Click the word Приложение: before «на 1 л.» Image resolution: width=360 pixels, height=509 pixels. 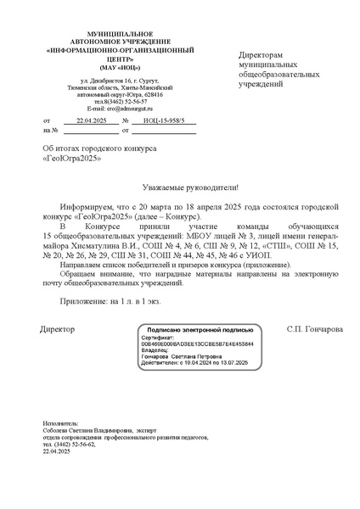coord(83,301)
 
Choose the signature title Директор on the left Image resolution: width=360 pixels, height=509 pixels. coord(58,328)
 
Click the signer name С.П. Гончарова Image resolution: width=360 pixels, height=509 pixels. coord(315,328)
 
